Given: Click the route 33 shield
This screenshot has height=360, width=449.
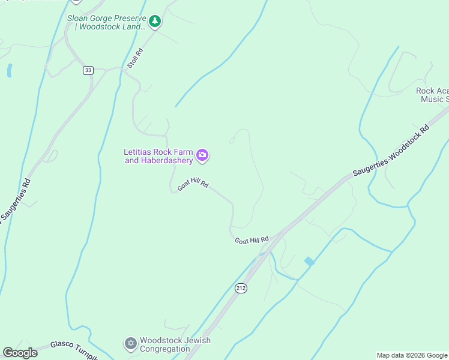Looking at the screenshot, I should pyautogui.click(x=88, y=70).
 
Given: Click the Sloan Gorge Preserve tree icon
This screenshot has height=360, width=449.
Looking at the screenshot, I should pyautogui.click(x=155, y=22).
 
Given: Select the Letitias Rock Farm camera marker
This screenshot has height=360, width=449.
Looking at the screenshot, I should pyautogui.click(x=203, y=155).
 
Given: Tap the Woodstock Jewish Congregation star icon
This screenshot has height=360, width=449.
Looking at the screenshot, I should pyautogui.click(x=130, y=344).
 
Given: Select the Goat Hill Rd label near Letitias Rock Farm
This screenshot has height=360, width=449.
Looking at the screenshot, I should pyautogui.click(x=193, y=185).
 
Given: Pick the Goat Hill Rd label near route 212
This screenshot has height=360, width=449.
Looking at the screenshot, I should pyautogui.click(x=252, y=240).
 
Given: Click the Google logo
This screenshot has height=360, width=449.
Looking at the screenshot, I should pyautogui.click(x=20, y=353).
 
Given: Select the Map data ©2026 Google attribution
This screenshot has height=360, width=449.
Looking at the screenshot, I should pyautogui.click(x=412, y=355).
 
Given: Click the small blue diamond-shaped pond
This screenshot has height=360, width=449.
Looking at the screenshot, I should pyautogui.click(x=309, y=262).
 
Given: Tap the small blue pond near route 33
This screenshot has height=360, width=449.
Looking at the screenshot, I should pyautogui.click(x=9, y=70).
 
